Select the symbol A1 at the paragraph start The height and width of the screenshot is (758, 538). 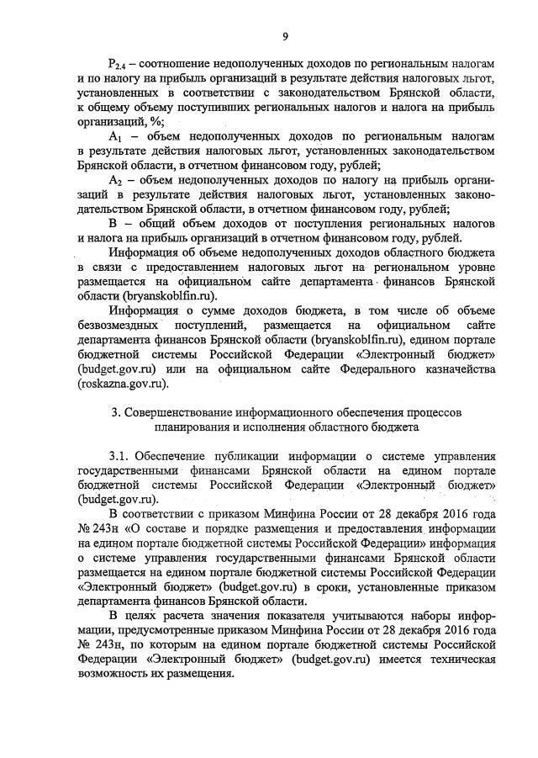pyautogui.click(x=117, y=135)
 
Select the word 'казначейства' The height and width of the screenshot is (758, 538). pyautogui.click(x=454, y=370)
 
